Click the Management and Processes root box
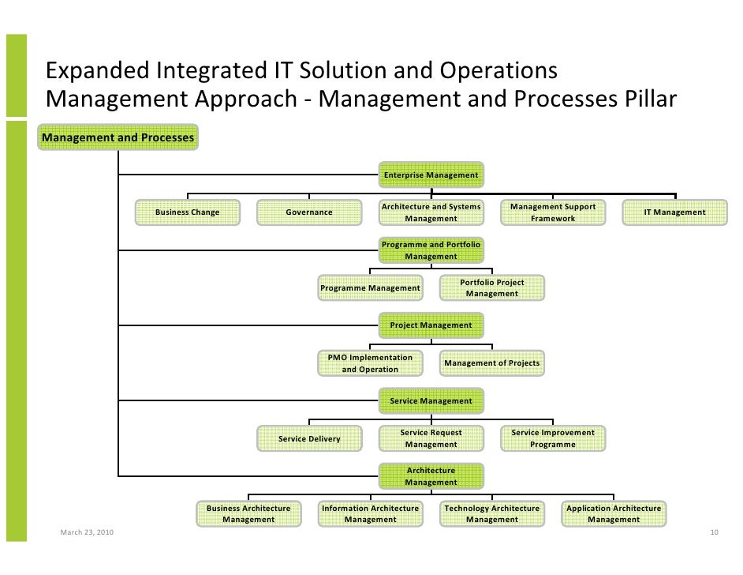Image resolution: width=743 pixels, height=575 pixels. (118, 138)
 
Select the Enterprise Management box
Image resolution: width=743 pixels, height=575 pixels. (431, 175)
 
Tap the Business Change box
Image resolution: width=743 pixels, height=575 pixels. (187, 212)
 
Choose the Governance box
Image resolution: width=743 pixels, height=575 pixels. (308, 212)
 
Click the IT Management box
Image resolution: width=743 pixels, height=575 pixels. (674, 212)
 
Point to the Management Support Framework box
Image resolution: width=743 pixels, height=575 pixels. (552, 212)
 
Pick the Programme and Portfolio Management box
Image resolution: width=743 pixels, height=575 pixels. (431, 250)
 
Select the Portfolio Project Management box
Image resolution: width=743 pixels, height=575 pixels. (491, 287)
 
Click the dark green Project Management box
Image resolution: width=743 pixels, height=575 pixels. (431, 325)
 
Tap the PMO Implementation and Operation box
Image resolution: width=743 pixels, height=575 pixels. (369, 363)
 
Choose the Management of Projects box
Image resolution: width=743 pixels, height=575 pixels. (491, 363)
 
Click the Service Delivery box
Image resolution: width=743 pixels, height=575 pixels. (308, 438)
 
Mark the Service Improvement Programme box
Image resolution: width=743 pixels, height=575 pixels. (552, 438)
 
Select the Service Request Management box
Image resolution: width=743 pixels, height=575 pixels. (431, 438)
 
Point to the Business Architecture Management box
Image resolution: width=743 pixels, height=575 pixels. (248, 513)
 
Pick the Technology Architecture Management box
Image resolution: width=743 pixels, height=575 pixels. (491, 513)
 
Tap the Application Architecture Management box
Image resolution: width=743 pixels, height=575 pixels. (613, 513)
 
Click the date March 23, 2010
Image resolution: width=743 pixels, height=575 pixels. (87, 533)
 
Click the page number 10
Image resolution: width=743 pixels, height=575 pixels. (714, 533)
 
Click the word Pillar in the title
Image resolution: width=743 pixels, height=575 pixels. (641, 100)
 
